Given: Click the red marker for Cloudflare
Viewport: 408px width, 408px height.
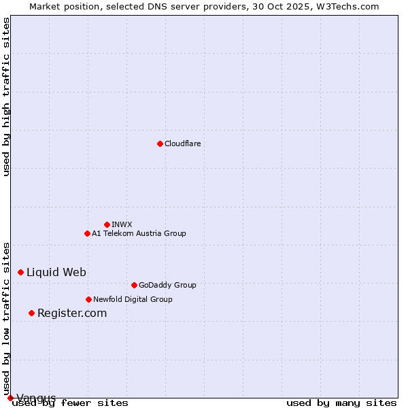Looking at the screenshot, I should click(160, 143).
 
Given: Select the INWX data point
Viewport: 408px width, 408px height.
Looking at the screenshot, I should click(107, 224).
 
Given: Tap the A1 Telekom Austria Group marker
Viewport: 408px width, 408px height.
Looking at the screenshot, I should click(87, 233).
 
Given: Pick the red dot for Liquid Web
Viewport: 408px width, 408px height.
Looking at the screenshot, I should click(20, 272).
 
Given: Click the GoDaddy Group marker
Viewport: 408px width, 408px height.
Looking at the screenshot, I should click(134, 285).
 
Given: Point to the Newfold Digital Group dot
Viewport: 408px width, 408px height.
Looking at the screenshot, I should click(88, 299).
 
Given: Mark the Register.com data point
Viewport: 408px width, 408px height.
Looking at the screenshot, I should click(31, 313).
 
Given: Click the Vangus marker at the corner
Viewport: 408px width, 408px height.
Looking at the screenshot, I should click(10, 398).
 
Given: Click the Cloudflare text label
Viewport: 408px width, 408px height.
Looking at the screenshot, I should click(182, 143).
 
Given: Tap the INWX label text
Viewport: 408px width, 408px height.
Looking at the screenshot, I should click(122, 224).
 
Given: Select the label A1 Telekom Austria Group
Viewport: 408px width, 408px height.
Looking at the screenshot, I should click(139, 233).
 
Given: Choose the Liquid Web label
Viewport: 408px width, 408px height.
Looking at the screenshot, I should click(56, 272).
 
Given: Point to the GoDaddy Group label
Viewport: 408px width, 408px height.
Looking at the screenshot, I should click(167, 285).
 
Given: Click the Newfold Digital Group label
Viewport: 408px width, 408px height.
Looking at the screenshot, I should click(133, 299).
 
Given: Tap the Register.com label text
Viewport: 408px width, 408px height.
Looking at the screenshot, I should click(72, 313).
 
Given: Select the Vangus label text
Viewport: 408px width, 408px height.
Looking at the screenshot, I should click(36, 398).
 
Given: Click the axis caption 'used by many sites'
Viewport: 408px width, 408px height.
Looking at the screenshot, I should click(341, 403).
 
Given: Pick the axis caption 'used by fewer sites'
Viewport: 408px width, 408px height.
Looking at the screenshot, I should click(70, 403).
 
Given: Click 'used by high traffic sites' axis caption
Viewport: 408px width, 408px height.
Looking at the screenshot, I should click(6, 97).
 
